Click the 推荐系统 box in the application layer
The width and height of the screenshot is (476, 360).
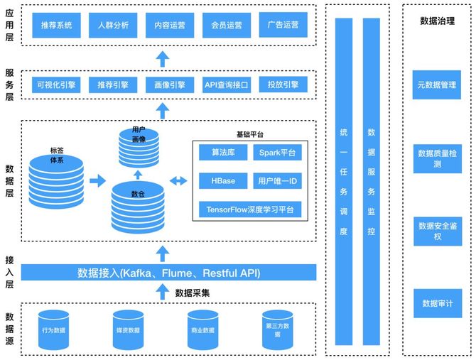tap(56, 25)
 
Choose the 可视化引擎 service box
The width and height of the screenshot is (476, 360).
tap(56, 85)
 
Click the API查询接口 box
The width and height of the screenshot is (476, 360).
tap(226, 85)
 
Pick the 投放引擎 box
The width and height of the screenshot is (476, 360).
tap(283, 85)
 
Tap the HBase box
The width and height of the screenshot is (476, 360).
tap(223, 181)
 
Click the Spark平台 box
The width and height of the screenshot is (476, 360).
tap(277, 153)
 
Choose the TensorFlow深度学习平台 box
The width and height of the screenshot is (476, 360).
tap(250, 209)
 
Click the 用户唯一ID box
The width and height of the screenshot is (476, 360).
tap(277, 181)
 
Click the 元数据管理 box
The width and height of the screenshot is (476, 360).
tap(437, 84)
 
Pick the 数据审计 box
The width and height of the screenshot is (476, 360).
tap(437, 303)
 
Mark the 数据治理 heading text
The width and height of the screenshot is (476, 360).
tap(437, 21)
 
